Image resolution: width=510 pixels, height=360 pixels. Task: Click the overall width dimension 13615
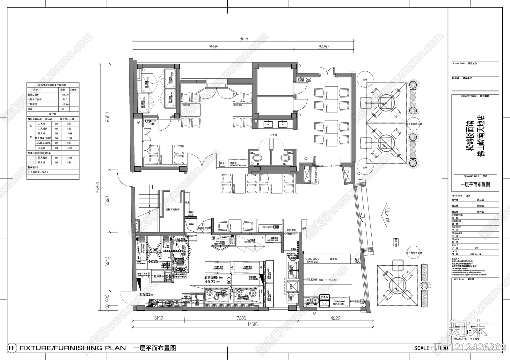pyautogui.click(x=243, y=39)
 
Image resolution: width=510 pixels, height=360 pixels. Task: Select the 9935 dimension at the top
pyautogui.click(x=213, y=47)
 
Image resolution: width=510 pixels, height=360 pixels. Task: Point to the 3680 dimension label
pyautogui.click(x=323, y=47)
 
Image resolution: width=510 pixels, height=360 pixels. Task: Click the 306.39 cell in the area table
pyautogui.click(x=65, y=95)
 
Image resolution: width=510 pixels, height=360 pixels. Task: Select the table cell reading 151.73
pyautogui.click(x=65, y=99)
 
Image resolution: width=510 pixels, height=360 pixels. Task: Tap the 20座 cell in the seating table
pyautogui.click(x=69, y=133)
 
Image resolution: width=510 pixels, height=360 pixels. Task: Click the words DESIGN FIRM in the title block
pyautogui.click(x=458, y=64)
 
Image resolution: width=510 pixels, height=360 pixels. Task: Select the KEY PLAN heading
pyautogui.click(x=459, y=279)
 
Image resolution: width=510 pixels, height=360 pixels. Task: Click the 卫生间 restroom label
pyautogui.click(x=273, y=135)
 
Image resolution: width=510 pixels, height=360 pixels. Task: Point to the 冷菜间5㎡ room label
pyautogui.click(x=155, y=262)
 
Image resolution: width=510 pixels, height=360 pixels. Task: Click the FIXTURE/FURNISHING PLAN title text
pyautogui.click(x=73, y=348)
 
